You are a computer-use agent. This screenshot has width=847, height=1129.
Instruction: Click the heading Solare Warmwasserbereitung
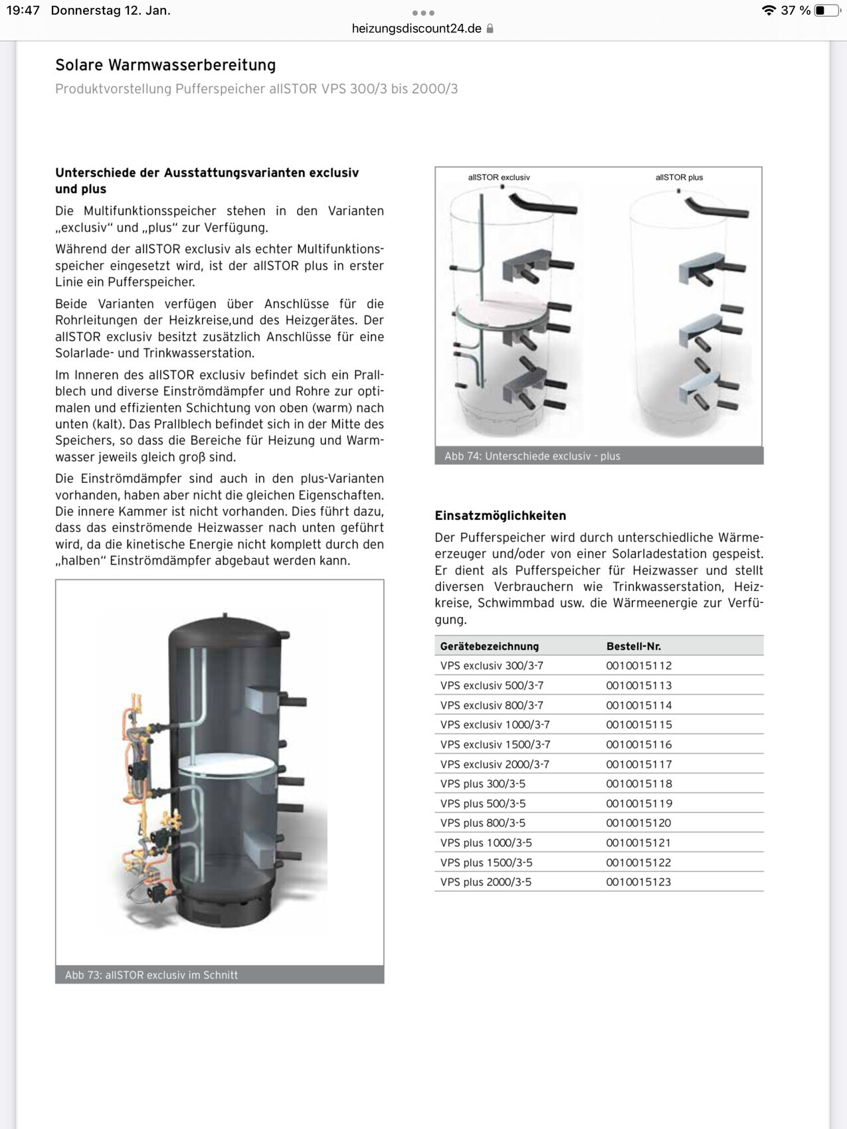click(165, 65)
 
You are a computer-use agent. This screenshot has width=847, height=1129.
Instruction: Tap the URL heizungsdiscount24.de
click(417, 29)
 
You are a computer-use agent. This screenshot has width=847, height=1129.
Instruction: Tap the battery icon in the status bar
click(826, 11)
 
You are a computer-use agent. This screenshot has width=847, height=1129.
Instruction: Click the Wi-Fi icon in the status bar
click(769, 11)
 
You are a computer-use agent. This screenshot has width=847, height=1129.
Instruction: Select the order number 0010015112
click(638, 665)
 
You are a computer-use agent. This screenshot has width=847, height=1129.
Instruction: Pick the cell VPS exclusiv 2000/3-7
click(494, 764)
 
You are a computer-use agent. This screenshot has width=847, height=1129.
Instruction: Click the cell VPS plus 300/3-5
click(482, 784)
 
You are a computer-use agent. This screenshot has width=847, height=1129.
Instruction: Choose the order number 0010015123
click(638, 882)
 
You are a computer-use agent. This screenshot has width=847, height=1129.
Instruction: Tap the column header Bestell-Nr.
click(633, 646)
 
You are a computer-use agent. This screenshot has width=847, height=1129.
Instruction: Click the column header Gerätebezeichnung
click(489, 646)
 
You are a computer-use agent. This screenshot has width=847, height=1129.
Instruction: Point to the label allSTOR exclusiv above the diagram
click(499, 177)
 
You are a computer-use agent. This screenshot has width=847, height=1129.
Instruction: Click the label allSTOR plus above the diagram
click(679, 177)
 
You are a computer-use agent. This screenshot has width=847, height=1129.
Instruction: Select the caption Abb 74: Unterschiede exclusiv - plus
click(532, 456)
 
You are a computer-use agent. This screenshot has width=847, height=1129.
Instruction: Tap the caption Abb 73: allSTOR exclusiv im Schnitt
click(151, 975)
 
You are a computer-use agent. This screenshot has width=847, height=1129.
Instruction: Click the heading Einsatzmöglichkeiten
click(500, 515)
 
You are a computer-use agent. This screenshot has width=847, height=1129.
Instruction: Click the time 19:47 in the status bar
click(23, 11)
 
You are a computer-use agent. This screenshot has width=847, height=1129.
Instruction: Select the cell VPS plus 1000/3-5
click(486, 843)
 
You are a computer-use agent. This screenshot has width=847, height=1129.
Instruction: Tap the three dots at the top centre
click(423, 13)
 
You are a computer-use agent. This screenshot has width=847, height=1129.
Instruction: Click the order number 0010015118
click(638, 784)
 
